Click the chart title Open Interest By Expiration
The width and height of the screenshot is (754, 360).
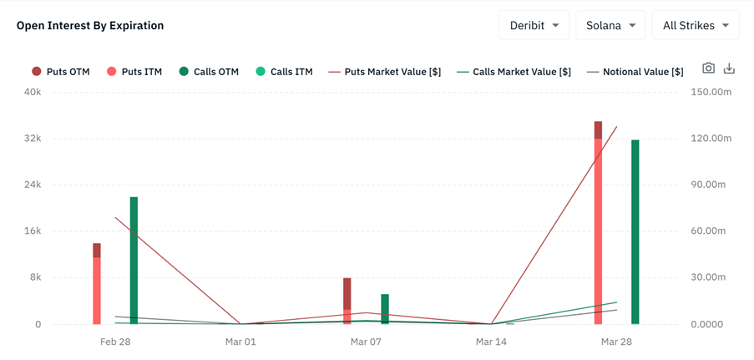[90, 25]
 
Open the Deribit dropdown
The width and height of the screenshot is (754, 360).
[534, 25]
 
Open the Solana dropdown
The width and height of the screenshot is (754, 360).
[610, 25]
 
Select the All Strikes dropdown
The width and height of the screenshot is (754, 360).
[695, 25]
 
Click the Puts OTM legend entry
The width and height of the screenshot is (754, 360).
[60, 72]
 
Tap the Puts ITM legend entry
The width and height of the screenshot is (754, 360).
[134, 72]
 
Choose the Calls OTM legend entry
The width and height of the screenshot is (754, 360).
[209, 72]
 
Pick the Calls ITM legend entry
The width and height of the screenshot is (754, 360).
[284, 72]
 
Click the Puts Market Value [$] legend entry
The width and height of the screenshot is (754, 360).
[384, 72]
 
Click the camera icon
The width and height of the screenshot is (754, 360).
[708, 68]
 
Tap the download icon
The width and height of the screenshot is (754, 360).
[729, 68]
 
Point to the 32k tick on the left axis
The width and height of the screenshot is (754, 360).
[32, 139]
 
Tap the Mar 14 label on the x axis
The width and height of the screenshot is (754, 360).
[491, 342]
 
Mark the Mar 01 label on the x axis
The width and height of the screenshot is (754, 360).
[240, 342]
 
